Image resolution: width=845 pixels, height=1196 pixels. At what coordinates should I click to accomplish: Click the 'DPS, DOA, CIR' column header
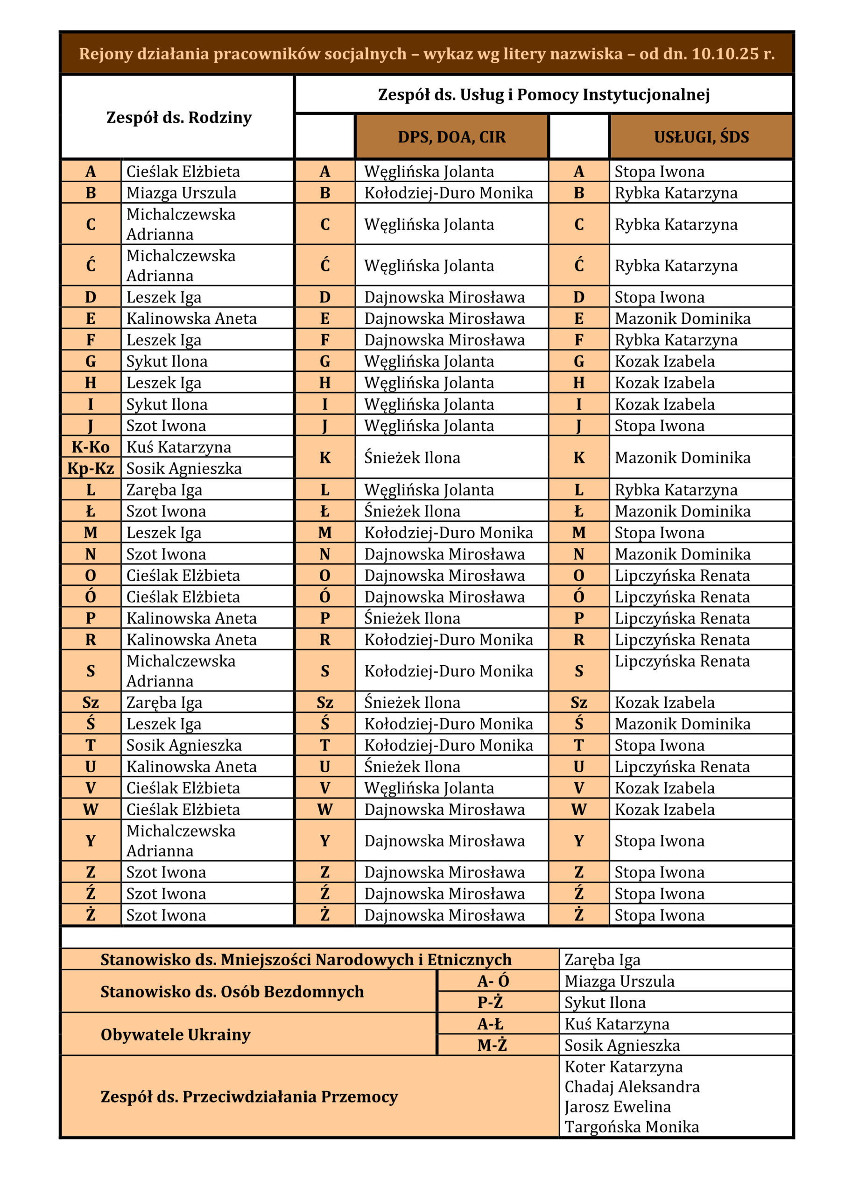(x=451, y=137)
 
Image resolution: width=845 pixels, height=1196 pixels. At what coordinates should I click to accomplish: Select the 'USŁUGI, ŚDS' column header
(x=701, y=137)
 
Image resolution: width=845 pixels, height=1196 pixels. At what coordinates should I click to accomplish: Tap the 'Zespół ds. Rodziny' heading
(x=179, y=118)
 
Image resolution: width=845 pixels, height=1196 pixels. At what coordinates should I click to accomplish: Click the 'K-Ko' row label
(x=91, y=447)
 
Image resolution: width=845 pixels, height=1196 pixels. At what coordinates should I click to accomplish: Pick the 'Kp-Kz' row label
(x=91, y=468)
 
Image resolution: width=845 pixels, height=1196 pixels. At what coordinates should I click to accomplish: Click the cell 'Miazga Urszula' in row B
(x=181, y=193)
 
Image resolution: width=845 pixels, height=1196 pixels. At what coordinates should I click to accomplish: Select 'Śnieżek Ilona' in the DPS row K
(x=412, y=457)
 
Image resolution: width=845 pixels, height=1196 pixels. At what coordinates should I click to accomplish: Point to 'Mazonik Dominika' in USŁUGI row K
(x=682, y=457)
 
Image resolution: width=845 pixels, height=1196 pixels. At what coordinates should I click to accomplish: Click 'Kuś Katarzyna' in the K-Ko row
(x=179, y=447)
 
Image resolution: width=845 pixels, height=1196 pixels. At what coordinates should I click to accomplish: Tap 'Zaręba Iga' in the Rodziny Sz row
(x=164, y=702)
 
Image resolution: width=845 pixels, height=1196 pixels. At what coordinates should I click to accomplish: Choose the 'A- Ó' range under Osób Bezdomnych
(x=493, y=981)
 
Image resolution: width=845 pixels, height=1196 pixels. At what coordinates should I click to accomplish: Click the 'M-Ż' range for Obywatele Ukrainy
(x=492, y=1045)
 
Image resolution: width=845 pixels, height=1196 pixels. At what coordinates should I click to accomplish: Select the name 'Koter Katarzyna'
(x=623, y=1066)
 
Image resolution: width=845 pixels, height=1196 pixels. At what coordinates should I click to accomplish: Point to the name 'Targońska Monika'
(x=632, y=1127)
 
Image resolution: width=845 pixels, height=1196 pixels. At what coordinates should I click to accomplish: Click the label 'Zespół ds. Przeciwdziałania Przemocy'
(x=249, y=1096)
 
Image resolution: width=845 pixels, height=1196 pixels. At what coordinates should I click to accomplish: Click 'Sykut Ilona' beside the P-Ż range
(x=605, y=1002)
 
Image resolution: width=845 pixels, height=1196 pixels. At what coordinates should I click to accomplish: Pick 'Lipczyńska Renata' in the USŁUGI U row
(x=682, y=766)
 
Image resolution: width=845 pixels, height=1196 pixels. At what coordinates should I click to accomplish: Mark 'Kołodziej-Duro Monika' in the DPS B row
(x=448, y=193)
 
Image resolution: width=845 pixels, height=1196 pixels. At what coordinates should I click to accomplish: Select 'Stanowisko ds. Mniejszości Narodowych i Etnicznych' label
(x=306, y=960)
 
